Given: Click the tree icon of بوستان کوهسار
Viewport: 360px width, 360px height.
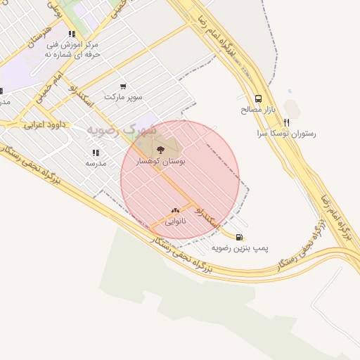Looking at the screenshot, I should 160,149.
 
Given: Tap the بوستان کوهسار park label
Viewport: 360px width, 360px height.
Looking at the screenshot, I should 163,161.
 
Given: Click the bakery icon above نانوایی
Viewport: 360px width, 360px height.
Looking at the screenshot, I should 175,210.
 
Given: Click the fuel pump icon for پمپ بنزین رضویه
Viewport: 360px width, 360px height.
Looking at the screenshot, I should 240,238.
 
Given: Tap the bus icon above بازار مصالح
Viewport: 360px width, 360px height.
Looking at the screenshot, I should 258,99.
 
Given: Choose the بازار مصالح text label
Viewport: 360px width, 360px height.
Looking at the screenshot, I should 260,110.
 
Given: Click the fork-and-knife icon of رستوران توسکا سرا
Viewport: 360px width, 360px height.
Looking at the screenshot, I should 285,122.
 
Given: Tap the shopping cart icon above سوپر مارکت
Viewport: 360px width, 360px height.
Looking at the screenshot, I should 123,86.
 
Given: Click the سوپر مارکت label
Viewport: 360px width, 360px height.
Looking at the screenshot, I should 123,96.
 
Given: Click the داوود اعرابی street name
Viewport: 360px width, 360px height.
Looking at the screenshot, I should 44,124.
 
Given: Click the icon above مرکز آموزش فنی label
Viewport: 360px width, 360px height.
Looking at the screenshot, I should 72,34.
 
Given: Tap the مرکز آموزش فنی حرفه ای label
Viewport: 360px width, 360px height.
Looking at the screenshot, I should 73,49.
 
